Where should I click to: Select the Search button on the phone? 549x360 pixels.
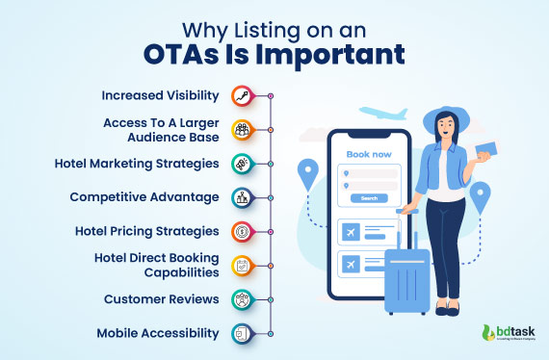(369, 198)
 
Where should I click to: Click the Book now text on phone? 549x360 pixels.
(369, 153)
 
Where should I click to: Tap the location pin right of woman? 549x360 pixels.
(480, 194)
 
